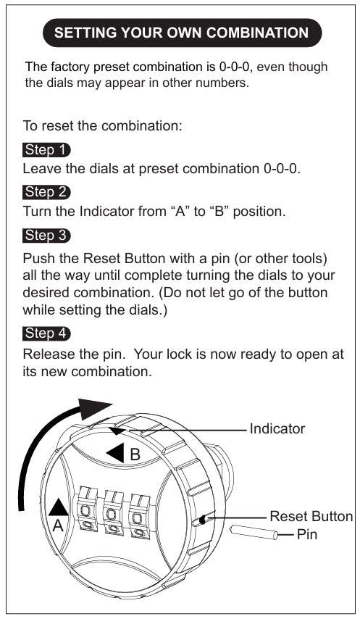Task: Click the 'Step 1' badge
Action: tap(46, 150)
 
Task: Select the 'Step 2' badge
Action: tap(46, 192)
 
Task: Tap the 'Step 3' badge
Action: tap(46, 236)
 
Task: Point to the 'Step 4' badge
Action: tap(46, 333)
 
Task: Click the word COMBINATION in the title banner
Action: tap(257, 33)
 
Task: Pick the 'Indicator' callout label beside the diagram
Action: tap(277, 428)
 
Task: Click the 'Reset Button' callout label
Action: tap(311, 516)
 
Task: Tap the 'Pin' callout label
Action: tap(307, 534)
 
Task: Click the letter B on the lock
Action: tap(135, 454)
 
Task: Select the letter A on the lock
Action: tap(58, 525)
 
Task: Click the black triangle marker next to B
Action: tap(115, 453)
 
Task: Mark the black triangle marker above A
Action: tap(59, 507)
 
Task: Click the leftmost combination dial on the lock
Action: tap(86, 512)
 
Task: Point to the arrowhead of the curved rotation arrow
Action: tap(94, 410)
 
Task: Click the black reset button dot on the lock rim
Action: tap(202, 520)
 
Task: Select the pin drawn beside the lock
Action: tap(254, 532)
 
